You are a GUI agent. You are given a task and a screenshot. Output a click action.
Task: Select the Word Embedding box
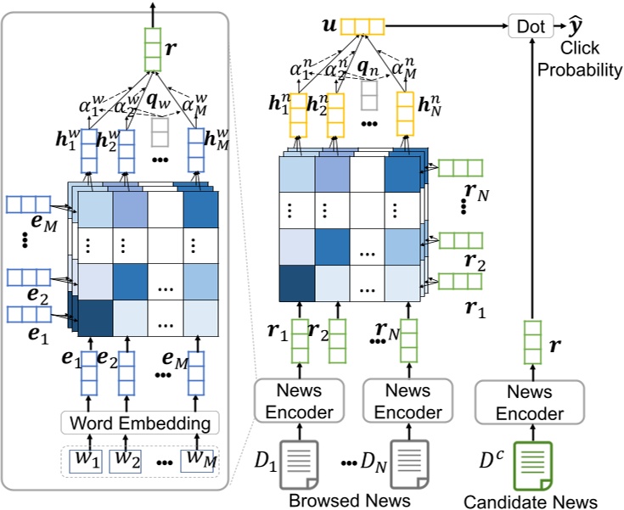(141, 422)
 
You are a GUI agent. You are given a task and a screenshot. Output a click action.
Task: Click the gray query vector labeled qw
(159, 132)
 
